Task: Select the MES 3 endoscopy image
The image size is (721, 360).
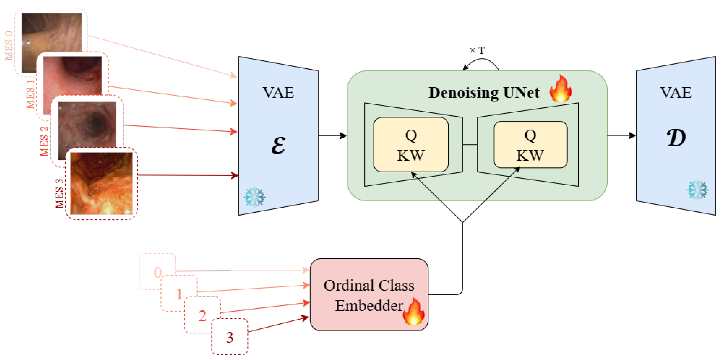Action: (101, 183)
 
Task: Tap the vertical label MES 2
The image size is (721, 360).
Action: (44, 141)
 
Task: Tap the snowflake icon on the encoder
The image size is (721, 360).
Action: (254, 197)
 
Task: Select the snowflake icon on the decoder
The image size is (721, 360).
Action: (698, 190)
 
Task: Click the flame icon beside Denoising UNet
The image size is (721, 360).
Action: (560, 89)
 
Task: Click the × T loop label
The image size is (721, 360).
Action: (477, 50)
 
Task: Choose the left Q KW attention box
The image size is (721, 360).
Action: (411, 145)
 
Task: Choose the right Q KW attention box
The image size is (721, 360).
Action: (530, 145)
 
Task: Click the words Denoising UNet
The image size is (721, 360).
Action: (484, 93)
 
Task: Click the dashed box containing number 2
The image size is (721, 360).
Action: (202, 315)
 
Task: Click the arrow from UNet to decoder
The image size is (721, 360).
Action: (621, 136)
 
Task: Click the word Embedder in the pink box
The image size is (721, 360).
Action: (369, 305)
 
